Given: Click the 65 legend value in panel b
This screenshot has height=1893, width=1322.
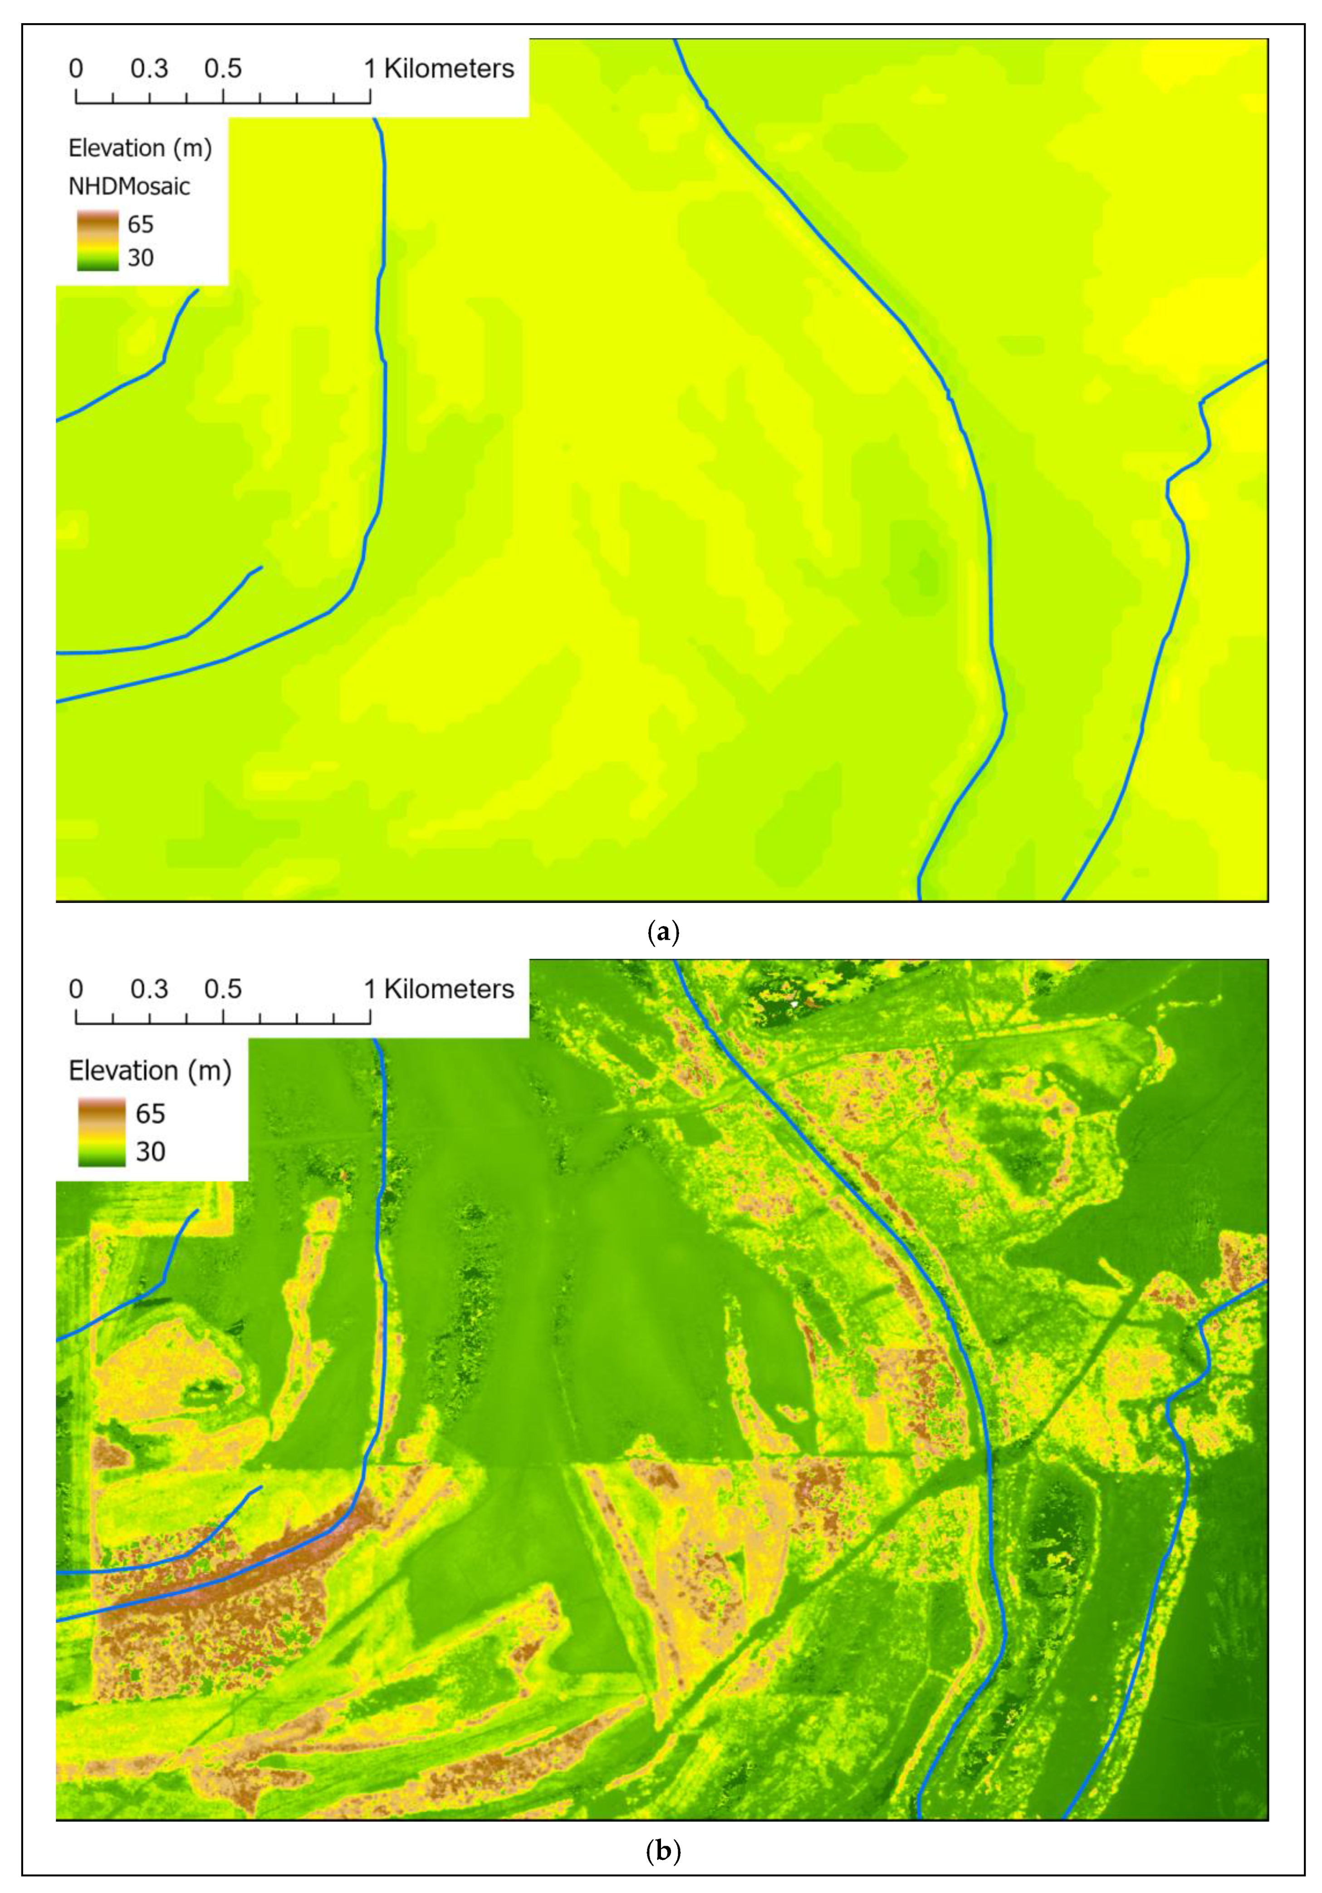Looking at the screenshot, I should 150,1114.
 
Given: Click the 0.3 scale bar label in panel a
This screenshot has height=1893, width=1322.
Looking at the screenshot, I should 149,69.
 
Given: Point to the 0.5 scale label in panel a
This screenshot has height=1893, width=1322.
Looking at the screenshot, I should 223,69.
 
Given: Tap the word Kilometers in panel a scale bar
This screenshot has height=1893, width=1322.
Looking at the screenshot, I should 449,69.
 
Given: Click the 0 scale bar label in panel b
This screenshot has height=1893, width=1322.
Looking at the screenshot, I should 76,989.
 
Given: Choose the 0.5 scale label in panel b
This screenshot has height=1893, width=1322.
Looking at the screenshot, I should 223,989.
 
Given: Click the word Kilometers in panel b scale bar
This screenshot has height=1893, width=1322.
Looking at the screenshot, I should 449,989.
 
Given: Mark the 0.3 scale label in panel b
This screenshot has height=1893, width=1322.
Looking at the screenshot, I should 149,989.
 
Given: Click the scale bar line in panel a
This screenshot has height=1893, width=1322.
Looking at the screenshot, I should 223,102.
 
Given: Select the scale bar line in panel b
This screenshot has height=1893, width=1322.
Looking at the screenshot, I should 223,1022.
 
